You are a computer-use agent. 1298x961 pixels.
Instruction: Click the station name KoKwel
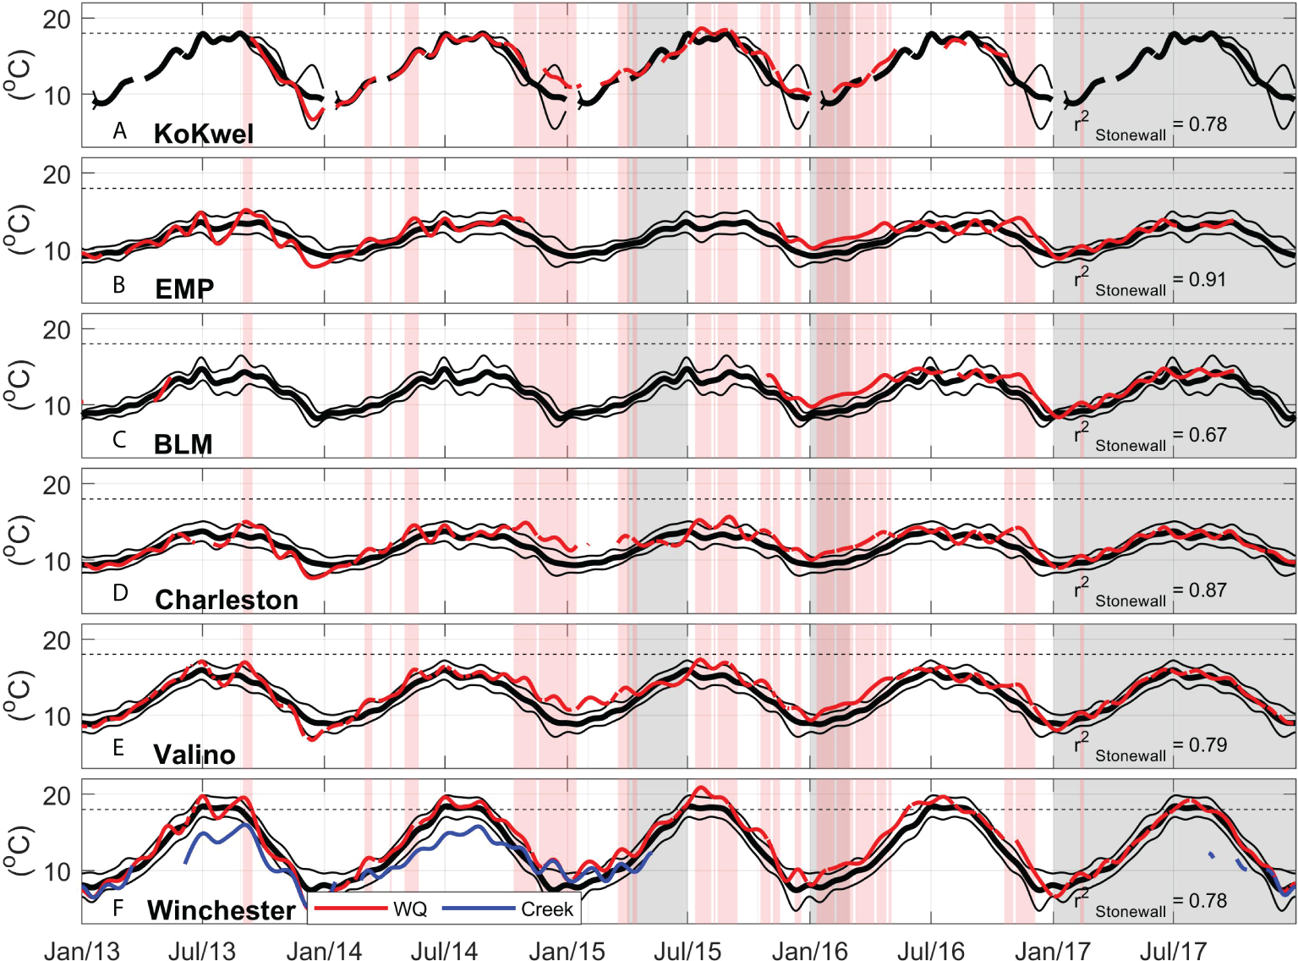pyautogui.click(x=203, y=134)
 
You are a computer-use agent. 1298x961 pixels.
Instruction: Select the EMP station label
pyautogui.click(x=184, y=289)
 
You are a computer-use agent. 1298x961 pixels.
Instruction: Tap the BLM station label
pyautogui.click(x=183, y=444)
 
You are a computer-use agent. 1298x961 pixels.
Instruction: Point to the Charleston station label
pyautogui.click(x=227, y=600)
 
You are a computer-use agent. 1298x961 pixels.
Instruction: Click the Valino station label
pyautogui.click(x=194, y=755)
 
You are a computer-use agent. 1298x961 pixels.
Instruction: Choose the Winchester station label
pyautogui.click(x=221, y=910)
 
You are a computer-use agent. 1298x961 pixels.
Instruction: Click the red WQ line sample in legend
pyautogui.click(x=349, y=909)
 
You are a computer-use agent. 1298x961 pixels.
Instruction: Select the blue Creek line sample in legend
pyautogui.click(x=478, y=909)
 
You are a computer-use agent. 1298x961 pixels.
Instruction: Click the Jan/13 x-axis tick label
pyautogui.click(x=82, y=951)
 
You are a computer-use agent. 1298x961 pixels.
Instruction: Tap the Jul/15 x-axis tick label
pyautogui.click(x=687, y=951)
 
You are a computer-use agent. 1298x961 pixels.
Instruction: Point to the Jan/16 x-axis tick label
pyautogui.click(x=810, y=951)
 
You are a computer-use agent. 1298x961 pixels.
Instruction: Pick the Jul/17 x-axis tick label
pyautogui.click(x=1173, y=951)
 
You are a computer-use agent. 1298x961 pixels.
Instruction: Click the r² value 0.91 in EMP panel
pyautogui.click(x=1208, y=279)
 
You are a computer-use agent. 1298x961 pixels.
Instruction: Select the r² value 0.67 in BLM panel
pyautogui.click(x=1208, y=435)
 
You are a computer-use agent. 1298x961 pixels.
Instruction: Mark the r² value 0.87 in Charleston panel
pyautogui.click(x=1208, y=590)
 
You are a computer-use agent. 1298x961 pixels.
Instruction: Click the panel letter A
pyautogui.click(x=120, y=131)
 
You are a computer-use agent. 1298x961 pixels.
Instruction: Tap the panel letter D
pyautogui.click(x=120, y=594)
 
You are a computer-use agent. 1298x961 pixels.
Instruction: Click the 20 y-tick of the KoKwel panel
pyautogui.click(x=57, y=19)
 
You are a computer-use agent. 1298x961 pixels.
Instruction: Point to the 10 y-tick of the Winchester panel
pyautogui.click(x=57, y=872)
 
